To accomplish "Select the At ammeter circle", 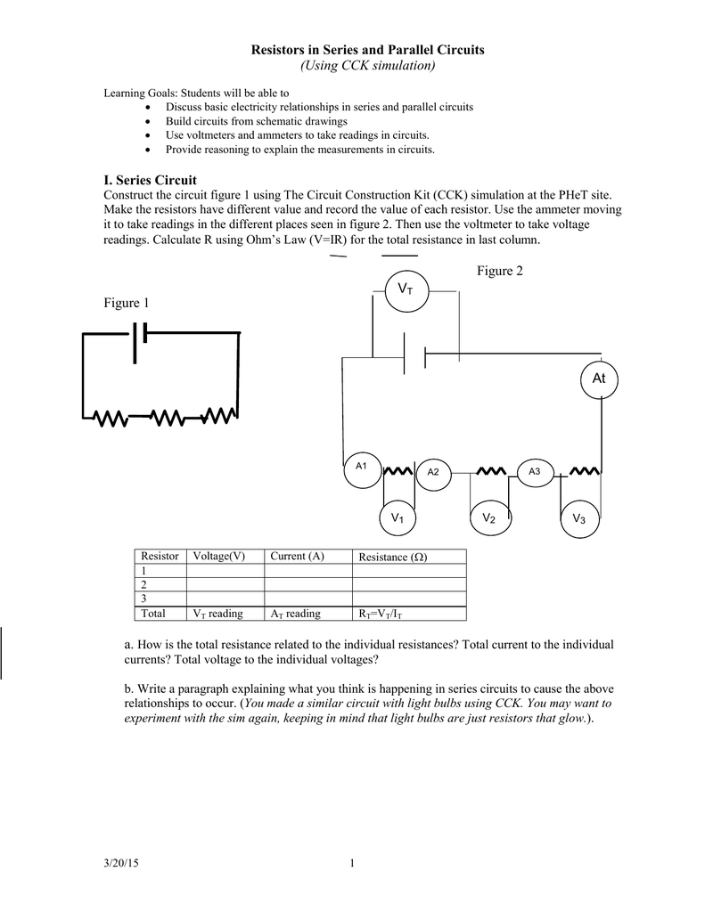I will pyautogui.click(x=598, y=379).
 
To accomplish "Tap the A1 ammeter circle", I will pyautogui.click(x=363, y=468).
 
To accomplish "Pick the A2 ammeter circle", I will pyautogui.click(x=433, y=472).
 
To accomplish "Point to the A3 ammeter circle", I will pyautogui.click(x=535, y=471).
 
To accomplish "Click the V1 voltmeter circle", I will pyautogui.click(x=398, y=517).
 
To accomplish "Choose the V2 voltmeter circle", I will pyautogui.click(x=488, y=518).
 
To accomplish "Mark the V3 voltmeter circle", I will pyautogui.click(x=579, y=518).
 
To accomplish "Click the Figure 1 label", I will pyautogui.click(x=127, y=303).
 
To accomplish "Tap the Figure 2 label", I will pyautogui.click(x=501, y=271).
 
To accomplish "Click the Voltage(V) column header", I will pyautogui.click(x=218, y=557).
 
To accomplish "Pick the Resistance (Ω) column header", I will pyautogui.click(x=392, y=558).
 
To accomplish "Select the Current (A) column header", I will pyautogui.click(x=297, y=557).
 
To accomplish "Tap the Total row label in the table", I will pyautogui.click(x=154, y=614).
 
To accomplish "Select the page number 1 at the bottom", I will pyautogui.click(x=352, y=863).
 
